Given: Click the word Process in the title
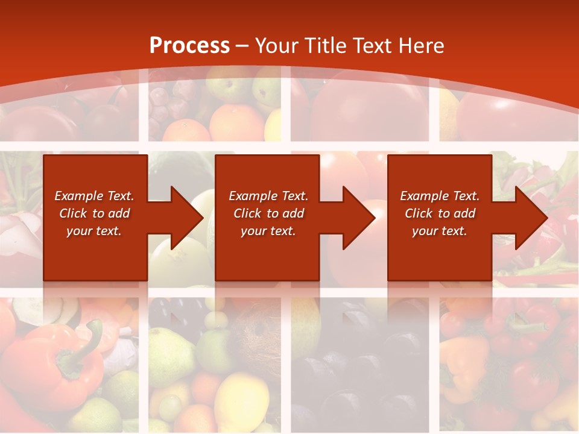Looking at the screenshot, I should pyautogui.click(x=189, y=46).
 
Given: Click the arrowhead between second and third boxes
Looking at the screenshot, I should pyautogui.click(x=358, y=218).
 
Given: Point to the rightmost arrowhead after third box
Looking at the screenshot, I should pyautogui.click(x=531, y=218).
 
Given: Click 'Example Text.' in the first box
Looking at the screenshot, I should pyautogui.click(x=94, y=196).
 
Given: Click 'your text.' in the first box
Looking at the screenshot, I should pyautogui.click(x=94, y=231).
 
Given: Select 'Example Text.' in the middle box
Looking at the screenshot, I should pyautogui.click(x=268, y=196).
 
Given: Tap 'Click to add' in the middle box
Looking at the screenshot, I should pyautogui.click(x=268, y=213).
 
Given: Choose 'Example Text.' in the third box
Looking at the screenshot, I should pyautogui.click(x=440, y=196).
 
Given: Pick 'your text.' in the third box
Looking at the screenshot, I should pyautogui.click(x=440, y=231).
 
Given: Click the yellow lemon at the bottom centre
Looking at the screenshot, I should pyautogui.click(x=241, y=401).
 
